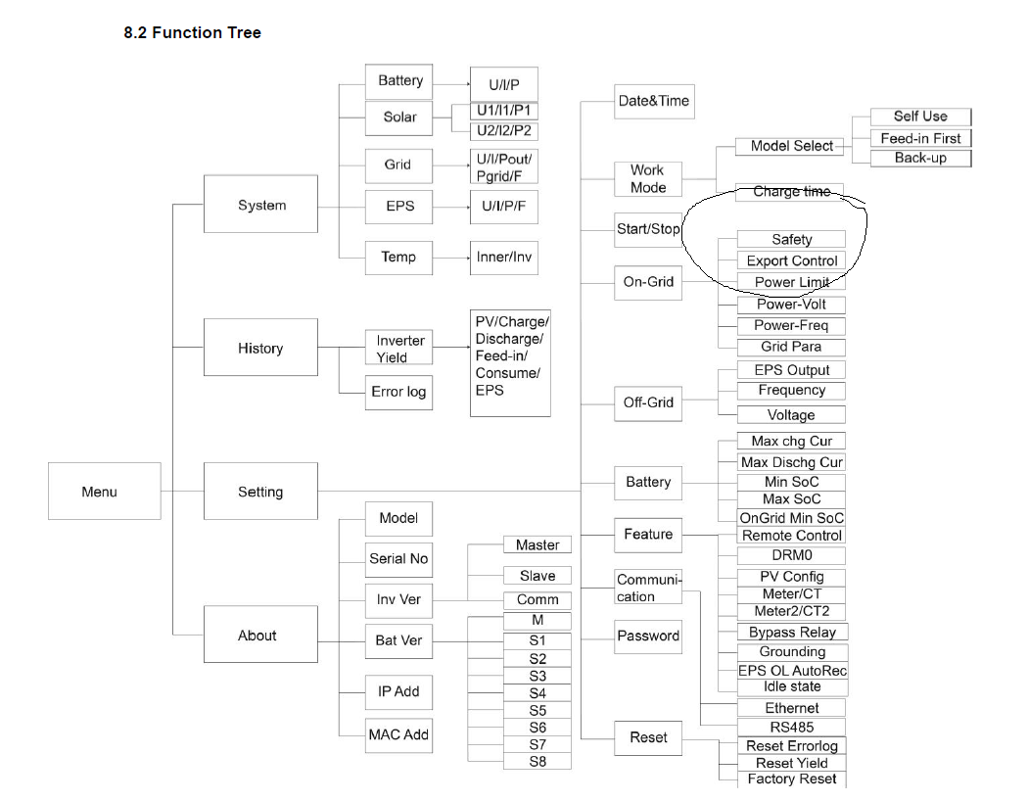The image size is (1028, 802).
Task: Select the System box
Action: point(260,204)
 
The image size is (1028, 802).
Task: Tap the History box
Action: point(260,347)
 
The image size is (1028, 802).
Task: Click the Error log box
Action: point(398,392)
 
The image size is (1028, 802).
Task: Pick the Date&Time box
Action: point(653,100)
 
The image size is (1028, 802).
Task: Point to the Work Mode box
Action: point(647,178)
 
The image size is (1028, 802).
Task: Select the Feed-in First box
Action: point(920,138)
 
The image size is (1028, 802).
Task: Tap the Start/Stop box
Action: point(647,228)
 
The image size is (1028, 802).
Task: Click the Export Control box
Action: point(791,260)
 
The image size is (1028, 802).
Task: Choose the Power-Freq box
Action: point(791,325)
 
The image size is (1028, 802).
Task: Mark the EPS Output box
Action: point(791,370)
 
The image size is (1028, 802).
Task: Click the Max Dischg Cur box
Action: point(791,462)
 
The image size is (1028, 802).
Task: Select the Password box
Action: point(647,636)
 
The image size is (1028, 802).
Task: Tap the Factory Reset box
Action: point(791,779)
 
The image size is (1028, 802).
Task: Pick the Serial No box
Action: point(398,558)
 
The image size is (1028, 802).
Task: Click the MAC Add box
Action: point(398,734)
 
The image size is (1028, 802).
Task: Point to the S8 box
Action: point(537,761)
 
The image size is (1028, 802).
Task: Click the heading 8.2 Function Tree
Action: point(192,32)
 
